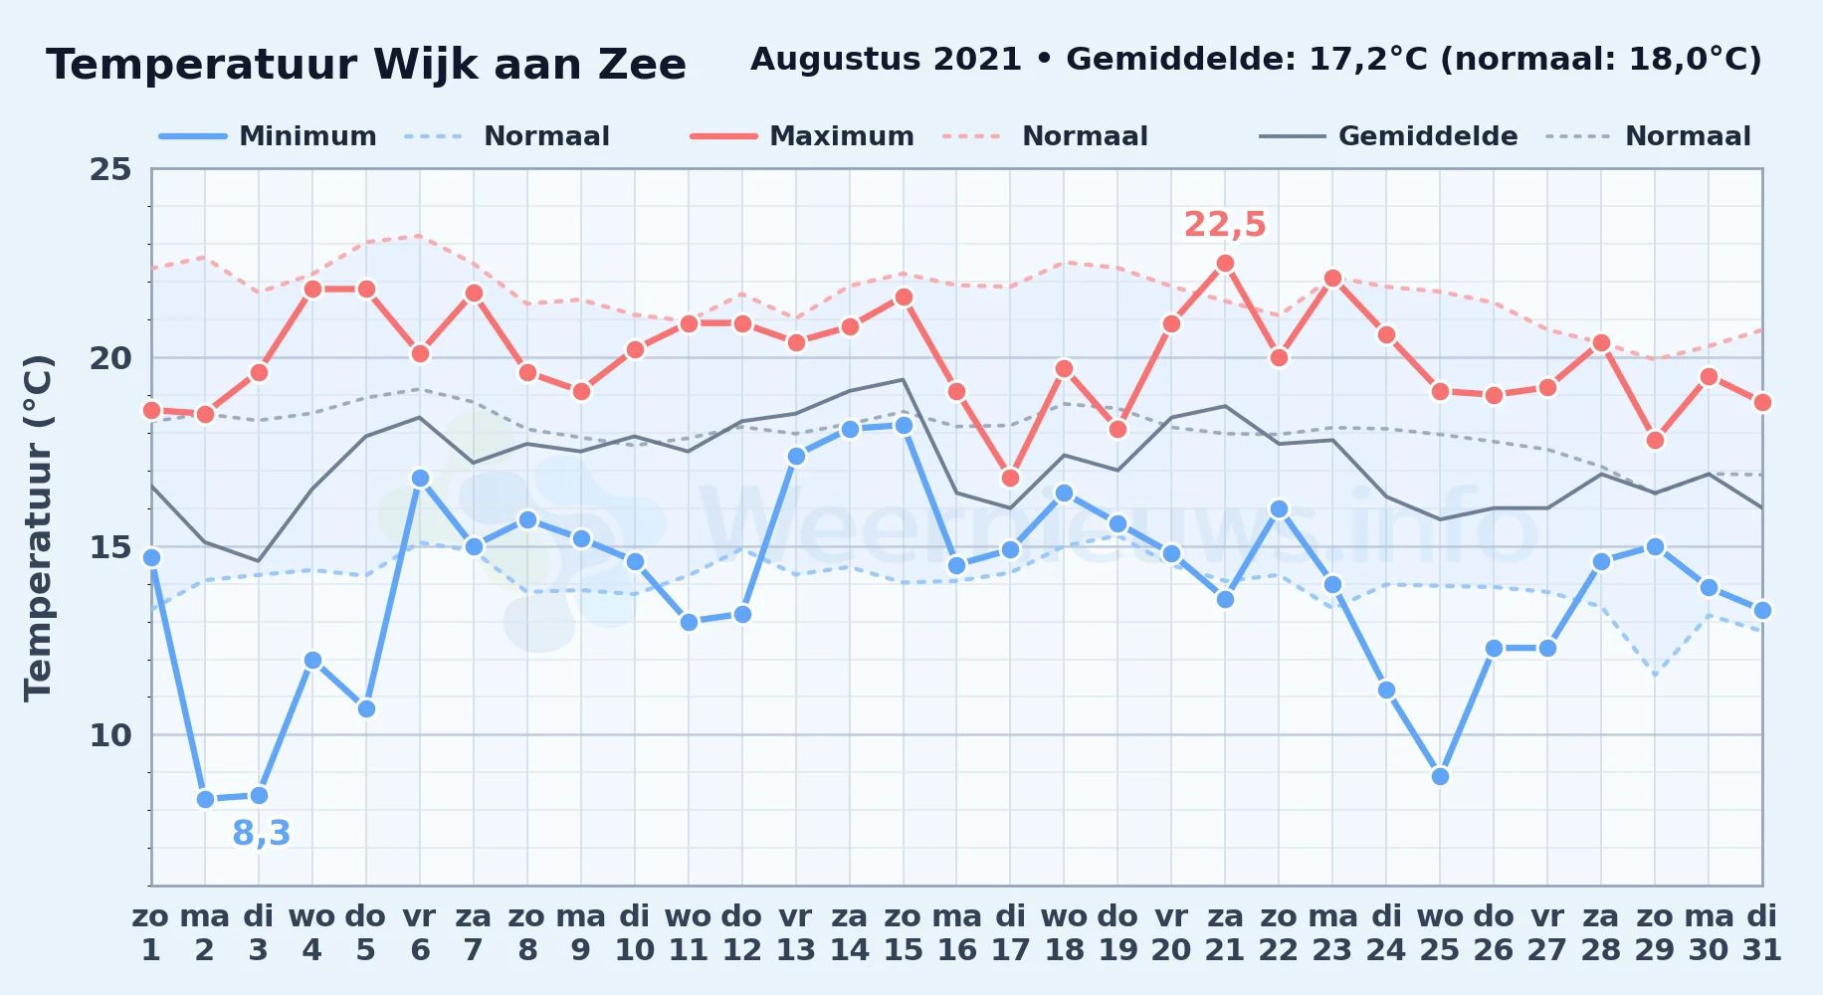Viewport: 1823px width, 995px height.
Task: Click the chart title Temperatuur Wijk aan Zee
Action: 366,65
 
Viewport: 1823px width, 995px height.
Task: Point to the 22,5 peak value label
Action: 1225,225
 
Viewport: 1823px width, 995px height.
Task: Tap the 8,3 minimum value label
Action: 261,833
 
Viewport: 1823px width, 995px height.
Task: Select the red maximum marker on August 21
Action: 1225,264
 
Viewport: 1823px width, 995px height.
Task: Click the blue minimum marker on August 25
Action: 1440,776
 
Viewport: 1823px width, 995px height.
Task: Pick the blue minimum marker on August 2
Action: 205,799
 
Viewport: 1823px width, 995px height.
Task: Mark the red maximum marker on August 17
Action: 1010,479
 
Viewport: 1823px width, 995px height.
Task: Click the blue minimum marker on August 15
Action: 904,425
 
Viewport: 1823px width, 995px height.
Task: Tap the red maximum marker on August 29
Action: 1655,440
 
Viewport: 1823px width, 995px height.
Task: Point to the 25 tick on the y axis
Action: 110,169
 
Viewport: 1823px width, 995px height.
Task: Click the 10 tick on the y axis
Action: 110,735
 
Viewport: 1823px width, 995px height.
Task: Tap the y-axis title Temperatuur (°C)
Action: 38,527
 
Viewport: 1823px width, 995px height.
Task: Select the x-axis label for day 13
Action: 795,933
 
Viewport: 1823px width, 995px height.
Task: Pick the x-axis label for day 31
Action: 1762,933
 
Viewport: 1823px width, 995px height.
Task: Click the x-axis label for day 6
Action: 420,933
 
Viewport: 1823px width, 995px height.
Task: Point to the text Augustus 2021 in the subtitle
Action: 886,60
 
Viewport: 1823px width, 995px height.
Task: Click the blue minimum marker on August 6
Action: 420,479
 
